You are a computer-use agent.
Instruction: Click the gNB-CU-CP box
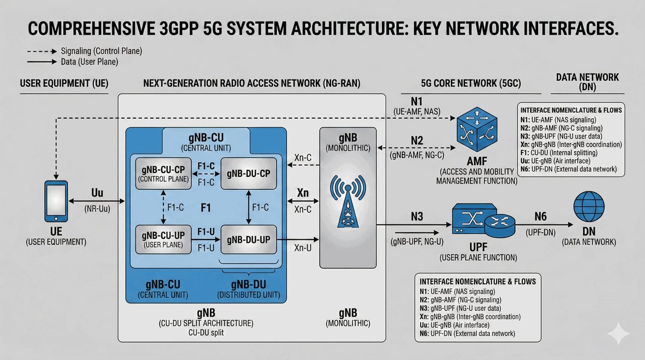(x=163, y=174)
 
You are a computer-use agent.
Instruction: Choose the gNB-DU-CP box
(x=248, y=174)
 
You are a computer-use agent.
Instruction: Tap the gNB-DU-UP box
(x=248, y=240)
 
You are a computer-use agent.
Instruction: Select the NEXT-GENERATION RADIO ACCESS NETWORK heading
(x=252, y=84)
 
